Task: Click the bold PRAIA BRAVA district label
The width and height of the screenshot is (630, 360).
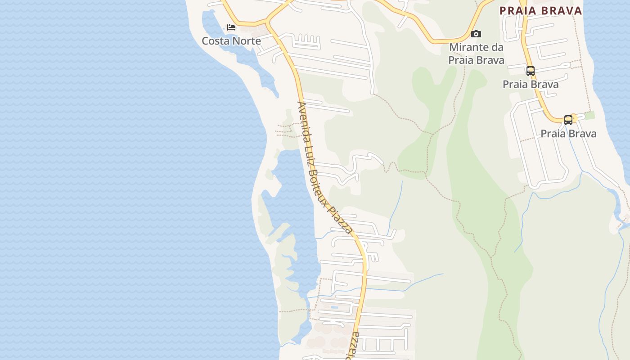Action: pos(541,10)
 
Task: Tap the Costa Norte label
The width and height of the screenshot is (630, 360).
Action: pos(231,41)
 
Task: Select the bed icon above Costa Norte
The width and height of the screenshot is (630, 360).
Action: pos(231,27)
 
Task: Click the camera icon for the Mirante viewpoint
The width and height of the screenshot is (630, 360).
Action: pos(476,34)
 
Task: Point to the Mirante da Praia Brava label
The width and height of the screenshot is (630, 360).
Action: pos(476,53)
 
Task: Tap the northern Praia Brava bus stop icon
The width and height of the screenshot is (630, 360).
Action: pos(531,71)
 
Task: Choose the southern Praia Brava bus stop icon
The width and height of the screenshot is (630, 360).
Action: pos(568,120)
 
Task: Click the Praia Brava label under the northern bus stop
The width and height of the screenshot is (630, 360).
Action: pos(531,84)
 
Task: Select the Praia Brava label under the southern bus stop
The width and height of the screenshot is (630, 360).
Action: pos(568,134)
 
